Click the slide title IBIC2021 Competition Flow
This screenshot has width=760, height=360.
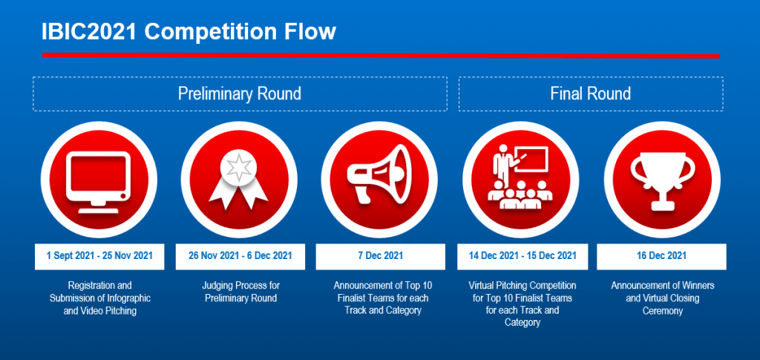click(x=189, y=32)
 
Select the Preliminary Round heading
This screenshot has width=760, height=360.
click(x=240, y=93)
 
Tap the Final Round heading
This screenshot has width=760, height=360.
click(x=590, y=93)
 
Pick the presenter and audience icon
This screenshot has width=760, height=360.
click(x=520, y=178)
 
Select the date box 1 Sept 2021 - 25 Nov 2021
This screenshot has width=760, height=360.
click(x=99, y=256)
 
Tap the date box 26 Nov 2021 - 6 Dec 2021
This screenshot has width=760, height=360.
click(x=240, y=256)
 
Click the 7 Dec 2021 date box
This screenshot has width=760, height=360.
click(x=381, y=256)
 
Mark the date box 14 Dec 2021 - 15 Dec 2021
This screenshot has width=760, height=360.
click(x=522, y=256)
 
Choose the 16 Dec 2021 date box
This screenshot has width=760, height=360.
click(x=661, y=256)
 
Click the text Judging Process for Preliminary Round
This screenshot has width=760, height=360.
click(x=241, y=292)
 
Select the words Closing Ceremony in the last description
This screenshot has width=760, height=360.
click(x=671, y=304)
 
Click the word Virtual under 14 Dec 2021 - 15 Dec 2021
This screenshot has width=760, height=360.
click(x=482, y=285)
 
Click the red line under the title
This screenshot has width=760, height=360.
click(x=381, y=55)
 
